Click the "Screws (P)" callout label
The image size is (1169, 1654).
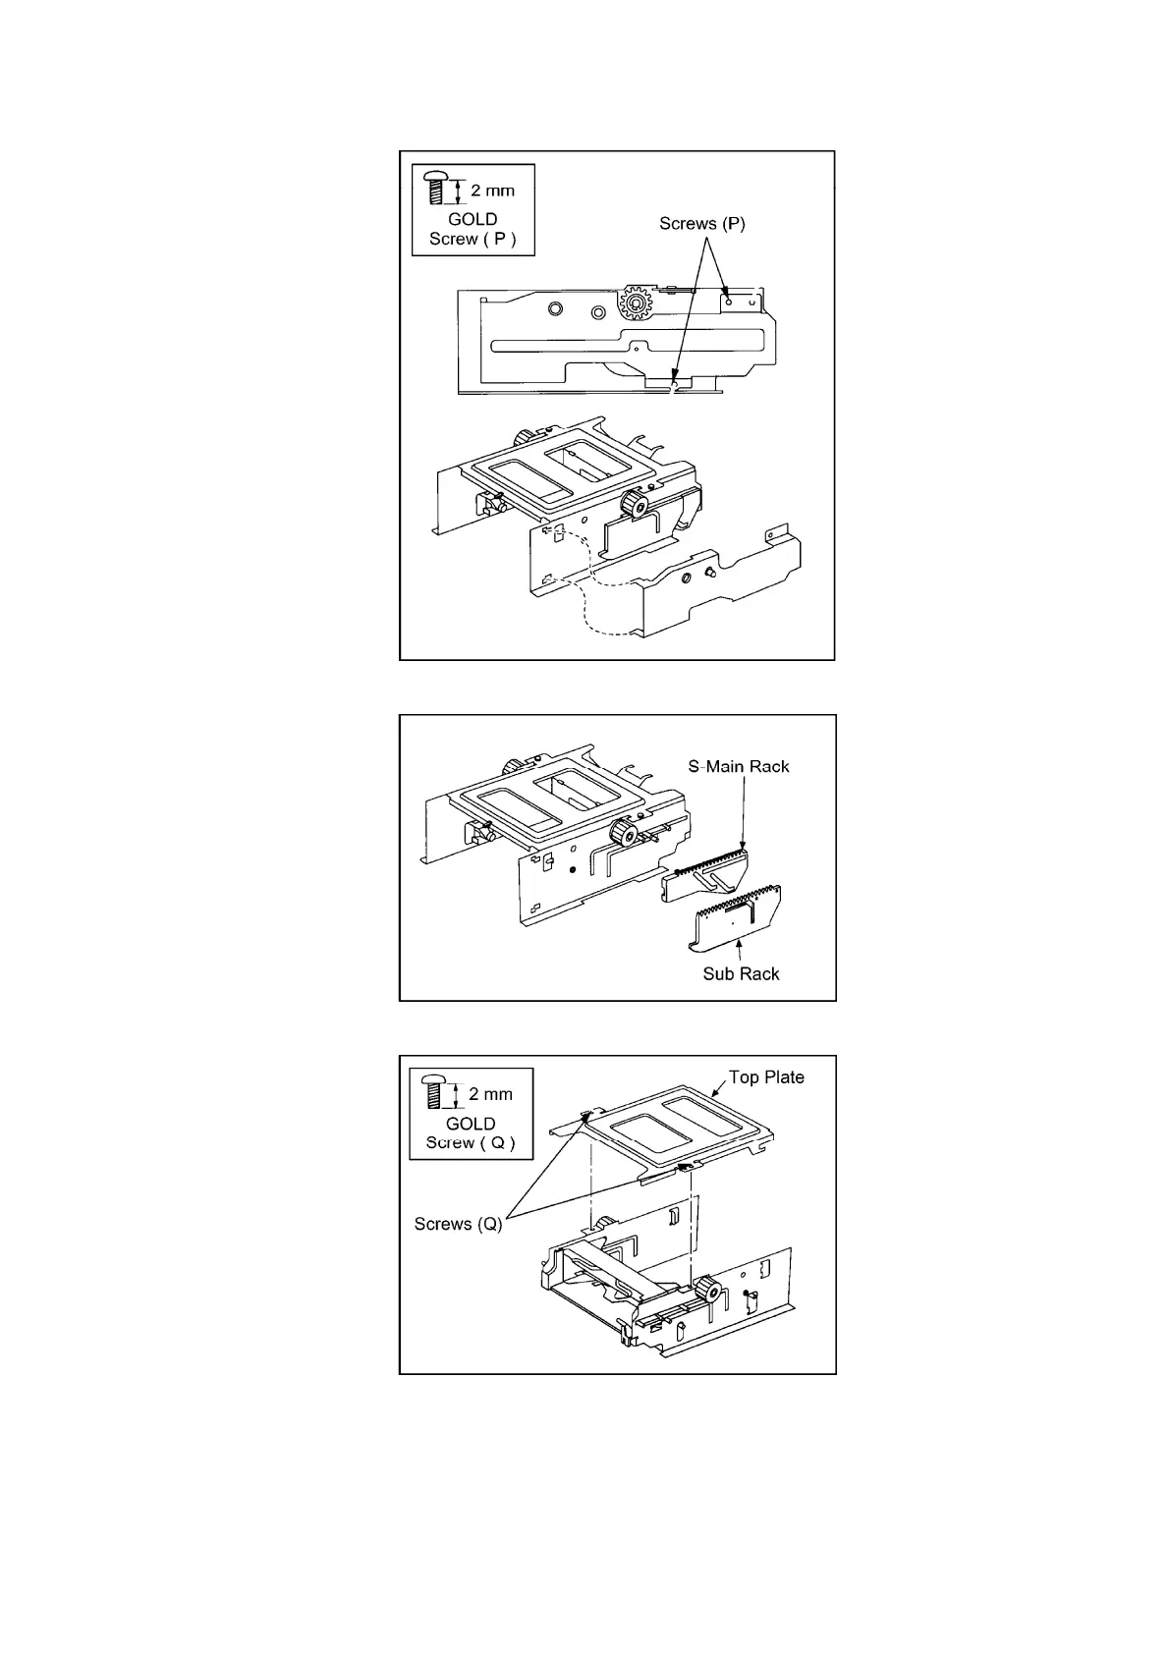701,224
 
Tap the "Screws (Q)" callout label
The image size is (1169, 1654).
458,1224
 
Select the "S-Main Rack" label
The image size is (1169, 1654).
738,766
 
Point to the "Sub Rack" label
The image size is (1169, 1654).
741,973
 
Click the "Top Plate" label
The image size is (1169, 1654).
766,1077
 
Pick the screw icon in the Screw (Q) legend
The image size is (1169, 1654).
435,1091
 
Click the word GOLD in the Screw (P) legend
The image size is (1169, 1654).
473,219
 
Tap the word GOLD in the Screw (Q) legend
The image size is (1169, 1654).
471,1123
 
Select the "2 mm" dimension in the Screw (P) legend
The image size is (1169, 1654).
493,191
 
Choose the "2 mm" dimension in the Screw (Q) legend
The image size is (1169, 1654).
491,1094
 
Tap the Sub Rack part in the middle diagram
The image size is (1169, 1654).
737,924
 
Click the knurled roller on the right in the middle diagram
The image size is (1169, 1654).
621,834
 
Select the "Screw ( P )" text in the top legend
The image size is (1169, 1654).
473,239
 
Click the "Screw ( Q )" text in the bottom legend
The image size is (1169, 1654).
471,1142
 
